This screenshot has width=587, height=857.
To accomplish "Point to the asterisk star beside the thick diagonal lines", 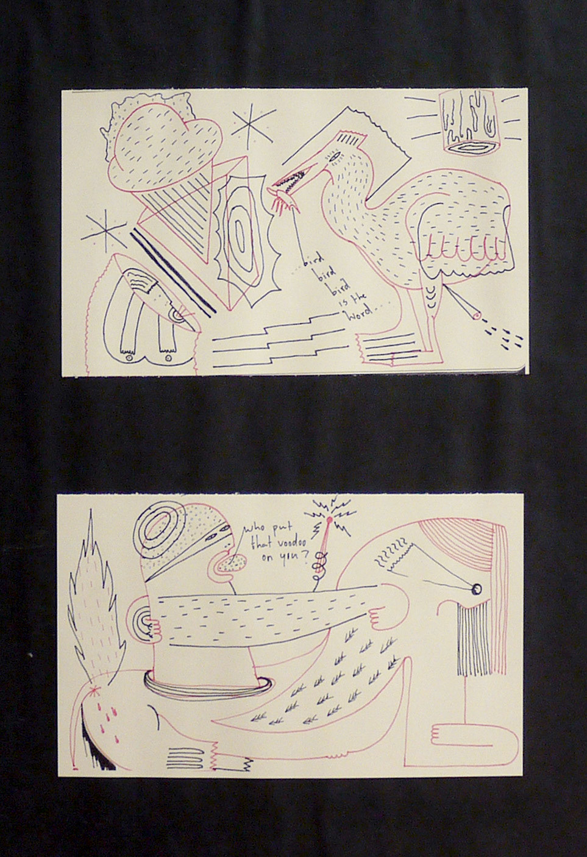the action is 104,230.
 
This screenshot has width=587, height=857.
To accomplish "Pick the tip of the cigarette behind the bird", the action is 477,315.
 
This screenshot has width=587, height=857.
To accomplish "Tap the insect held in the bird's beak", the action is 283,199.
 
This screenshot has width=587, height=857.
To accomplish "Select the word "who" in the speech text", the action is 254,531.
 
